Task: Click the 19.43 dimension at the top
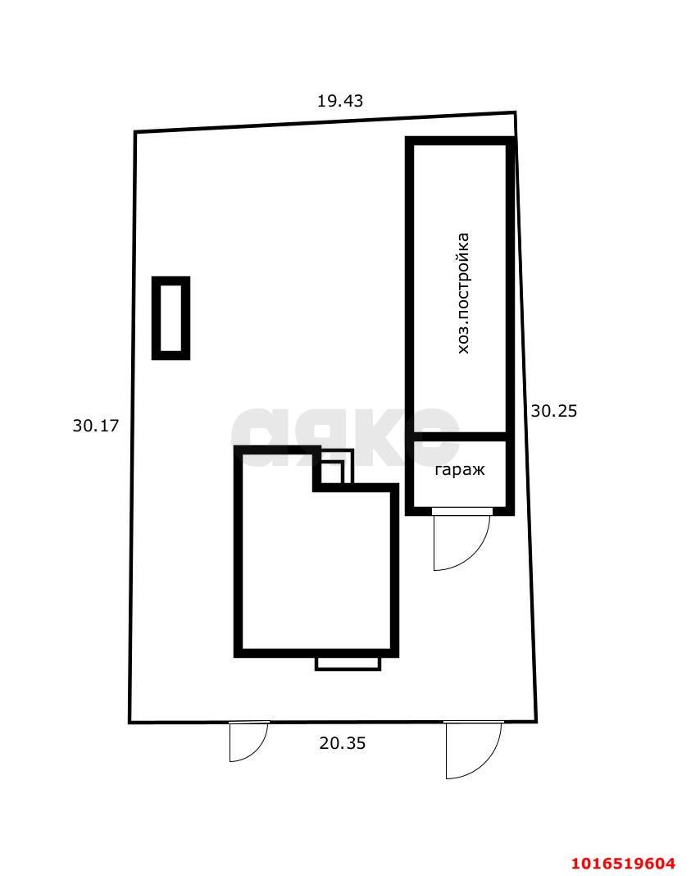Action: tap(340, 101)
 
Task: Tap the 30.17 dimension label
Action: tap(95, 426)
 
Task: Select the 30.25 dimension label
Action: tap(553, 411)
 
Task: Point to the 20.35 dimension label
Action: tap(342, 743)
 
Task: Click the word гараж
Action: tap(460, 471)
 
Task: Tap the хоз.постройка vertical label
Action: tap(463, 293)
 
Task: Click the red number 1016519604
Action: tap(624, 863)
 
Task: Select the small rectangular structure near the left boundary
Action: tap(170, 318)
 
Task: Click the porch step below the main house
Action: tap(348, 663)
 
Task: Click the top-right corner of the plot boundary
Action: tap(515, 112)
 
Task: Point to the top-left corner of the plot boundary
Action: tap(134, 132)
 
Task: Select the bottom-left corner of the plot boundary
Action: tap(130, 723)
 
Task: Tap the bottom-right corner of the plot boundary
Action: tap(536, 722)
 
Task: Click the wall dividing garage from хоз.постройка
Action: tap(460, 436)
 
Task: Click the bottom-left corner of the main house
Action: tap(237, 654)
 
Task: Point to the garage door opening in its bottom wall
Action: tap(461, 511)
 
